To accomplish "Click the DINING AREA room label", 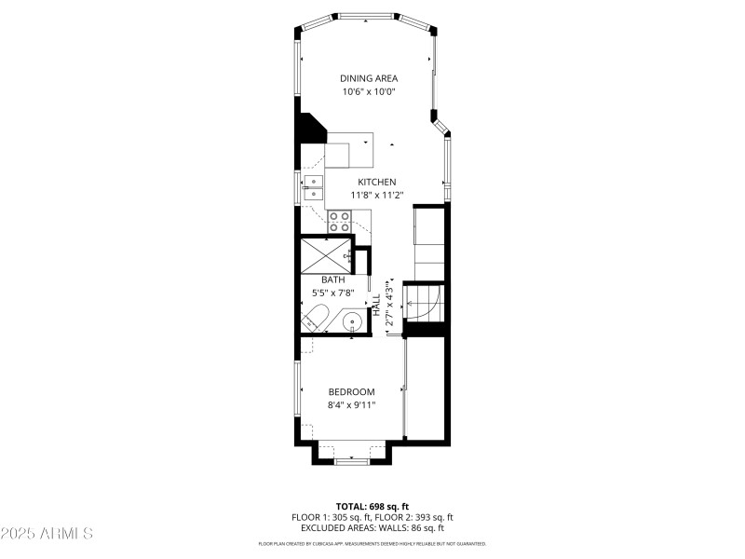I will pos(371,78).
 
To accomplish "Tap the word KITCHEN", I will pos(377,182).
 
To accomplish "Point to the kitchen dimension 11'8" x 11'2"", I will pos(377,196).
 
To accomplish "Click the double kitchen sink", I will pos(313,187).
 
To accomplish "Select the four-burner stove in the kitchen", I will pos(339,221).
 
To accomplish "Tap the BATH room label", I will pos(333,279).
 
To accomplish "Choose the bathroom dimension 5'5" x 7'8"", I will pos(333,293).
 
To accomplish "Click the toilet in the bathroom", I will pos(314,318).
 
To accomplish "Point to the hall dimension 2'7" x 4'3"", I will pos(390,304).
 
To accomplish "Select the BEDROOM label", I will pos(351,391).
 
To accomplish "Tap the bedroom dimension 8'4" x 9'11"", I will pos(351,405).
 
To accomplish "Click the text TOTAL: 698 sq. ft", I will pos(372,505).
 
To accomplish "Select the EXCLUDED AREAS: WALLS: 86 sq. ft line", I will pos(372,527).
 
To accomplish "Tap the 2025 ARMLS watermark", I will pos(47,533).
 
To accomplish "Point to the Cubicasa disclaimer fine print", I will pos(372,543).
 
